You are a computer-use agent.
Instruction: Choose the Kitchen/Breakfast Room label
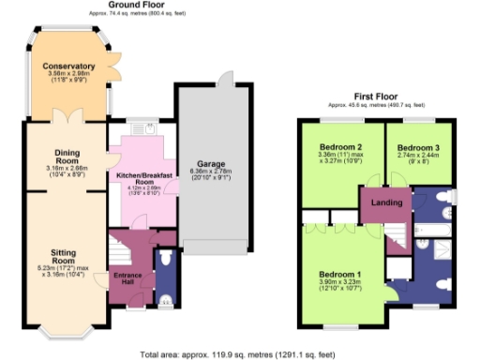click(x=141, y=178)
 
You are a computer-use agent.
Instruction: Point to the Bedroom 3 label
click(x=416, y=147)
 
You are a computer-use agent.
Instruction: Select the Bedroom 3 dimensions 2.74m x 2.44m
click(x=416, y=157)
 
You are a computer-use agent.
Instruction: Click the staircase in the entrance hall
click(x=120, y=250)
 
